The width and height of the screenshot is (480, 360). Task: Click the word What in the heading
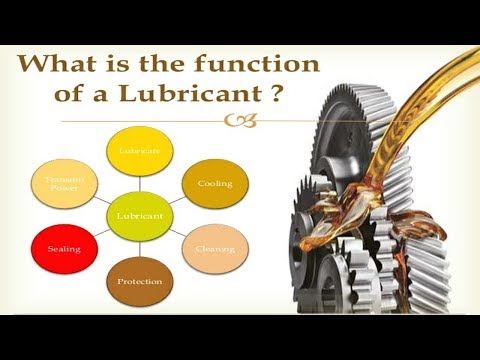click(x=59, y=66)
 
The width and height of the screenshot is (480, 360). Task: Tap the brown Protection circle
click(x=138, y=281)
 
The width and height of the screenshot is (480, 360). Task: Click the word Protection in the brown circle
click(x=138, y=282)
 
